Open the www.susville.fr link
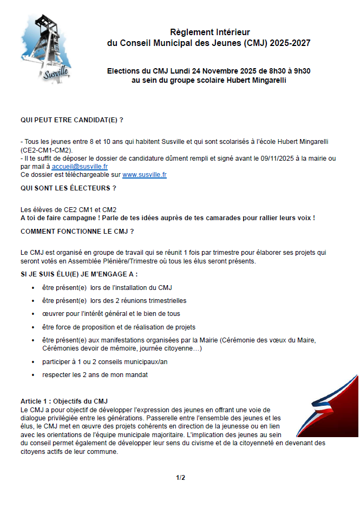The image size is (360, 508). [145, 175]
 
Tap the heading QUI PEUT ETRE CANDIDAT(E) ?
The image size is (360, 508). [72, 119]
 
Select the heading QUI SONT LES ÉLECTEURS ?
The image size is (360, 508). [68, 188]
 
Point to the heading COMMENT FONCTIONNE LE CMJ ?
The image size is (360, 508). [77, 231]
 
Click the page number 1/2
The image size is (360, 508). [180, 478]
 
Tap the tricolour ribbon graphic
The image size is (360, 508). [331, 406]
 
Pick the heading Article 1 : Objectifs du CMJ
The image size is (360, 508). [64, 401]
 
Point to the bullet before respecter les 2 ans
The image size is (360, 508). [34, 375]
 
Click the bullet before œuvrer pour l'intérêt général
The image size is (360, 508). [34, 314]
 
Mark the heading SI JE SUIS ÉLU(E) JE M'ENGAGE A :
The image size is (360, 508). [79, 274]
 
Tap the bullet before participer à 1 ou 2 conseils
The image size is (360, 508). [34, 362]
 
